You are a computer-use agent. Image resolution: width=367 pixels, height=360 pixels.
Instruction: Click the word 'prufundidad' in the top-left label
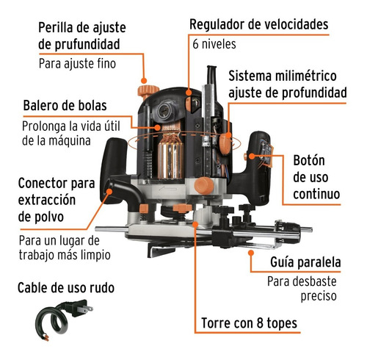[87, 45]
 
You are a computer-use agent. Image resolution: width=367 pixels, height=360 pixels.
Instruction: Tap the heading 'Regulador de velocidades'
[259, 24]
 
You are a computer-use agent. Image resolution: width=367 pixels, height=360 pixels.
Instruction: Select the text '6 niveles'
[214, 44]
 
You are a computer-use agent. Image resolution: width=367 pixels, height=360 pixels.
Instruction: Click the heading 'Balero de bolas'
[65, 106]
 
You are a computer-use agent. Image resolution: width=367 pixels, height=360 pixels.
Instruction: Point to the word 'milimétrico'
[306, 76]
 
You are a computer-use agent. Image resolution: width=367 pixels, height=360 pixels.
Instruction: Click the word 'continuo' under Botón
[316, 194]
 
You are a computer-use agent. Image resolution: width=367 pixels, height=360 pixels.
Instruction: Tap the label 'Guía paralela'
[305, 262]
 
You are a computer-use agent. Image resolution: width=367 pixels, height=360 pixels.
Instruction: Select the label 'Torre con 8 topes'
[249, 323]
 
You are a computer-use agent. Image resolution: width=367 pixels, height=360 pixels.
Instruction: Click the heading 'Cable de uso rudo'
[66, 287]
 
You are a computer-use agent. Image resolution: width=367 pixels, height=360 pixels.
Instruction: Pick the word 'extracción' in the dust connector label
[47, 200]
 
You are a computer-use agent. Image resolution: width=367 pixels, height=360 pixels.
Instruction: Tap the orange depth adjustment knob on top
[148, 90]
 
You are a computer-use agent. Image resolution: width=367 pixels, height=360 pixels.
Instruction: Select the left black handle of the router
[112, 164]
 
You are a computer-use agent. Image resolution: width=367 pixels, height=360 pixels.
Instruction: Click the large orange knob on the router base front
[204, 186]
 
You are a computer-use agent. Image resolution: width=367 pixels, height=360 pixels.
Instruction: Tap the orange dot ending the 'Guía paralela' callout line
[250, 253]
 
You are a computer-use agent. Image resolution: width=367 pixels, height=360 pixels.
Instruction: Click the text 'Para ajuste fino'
[77, 64]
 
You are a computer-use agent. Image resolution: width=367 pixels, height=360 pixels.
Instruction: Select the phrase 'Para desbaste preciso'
[302, 289]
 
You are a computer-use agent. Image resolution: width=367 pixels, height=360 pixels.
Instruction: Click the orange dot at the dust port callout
[109, 192]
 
